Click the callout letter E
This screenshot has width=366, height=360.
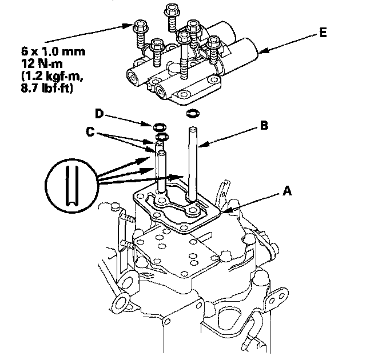[x=323, y=33]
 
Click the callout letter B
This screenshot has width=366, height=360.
[x=264, y=125]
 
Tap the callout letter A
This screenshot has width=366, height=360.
[x=287, y=191]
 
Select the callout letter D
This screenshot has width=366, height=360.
[x=99, y=114]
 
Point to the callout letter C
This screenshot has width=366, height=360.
[x=90, y=132]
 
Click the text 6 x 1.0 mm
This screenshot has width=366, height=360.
[x=53, y=51]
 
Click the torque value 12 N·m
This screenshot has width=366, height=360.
[x=42, y=63]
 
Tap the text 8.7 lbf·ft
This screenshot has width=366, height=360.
[x=47, y=89]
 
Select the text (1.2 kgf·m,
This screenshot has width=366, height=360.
[x=52, y=76]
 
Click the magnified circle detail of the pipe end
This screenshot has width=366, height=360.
[x=71, y=185]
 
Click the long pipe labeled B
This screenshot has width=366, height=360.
[x=193, y=163]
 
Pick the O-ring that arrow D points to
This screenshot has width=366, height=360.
[x=160, y=127]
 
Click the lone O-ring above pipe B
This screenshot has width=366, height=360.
[x=193, y=114]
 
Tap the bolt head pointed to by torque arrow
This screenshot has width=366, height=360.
[x=141, y=26]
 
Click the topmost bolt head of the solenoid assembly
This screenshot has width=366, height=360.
[x=172, y=9]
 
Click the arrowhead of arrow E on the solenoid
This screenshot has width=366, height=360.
[x=262, y=51]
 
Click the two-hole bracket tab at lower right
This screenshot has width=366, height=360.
[x=277, y=300]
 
